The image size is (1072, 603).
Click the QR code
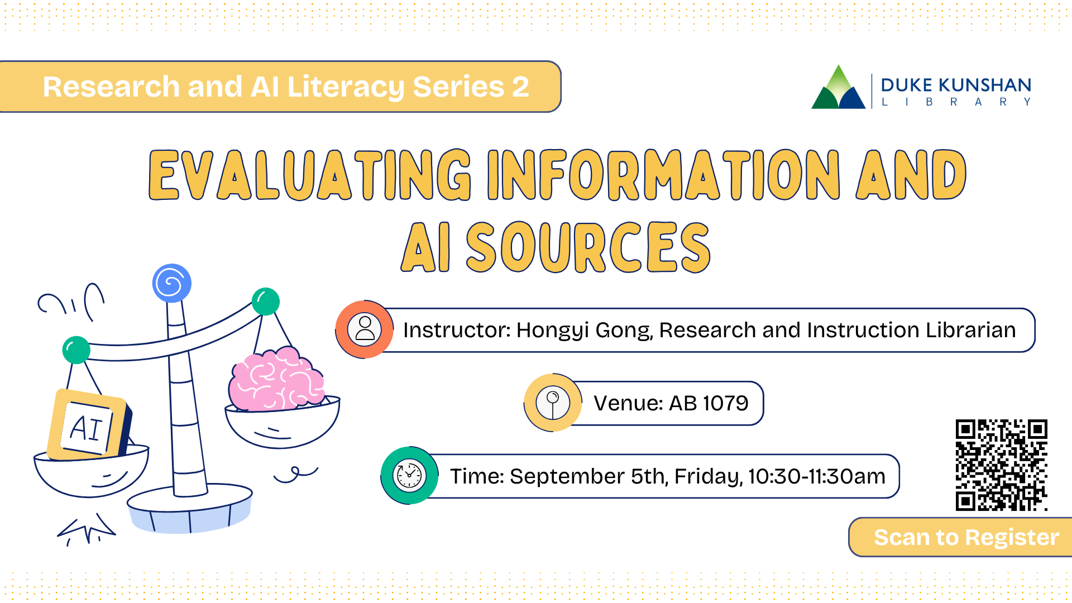[x=1001, y=465]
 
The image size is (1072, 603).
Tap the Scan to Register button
[x=961, y=537]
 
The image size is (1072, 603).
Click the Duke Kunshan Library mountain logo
[x=838, y=87]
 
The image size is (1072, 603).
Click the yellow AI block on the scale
[x=89, y=424]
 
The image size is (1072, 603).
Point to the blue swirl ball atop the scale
[x=172, y=283]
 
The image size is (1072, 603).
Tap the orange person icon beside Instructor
[x=365, y=329]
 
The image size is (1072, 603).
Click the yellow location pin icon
[x=553, y=403]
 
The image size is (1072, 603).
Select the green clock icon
[x=409, y=476]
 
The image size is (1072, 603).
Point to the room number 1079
[x=725, y=403]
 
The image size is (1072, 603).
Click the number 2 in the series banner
[x=520, y=87]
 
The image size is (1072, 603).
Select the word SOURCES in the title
[x=588, y=247]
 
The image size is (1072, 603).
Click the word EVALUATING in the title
[x=310, y=175]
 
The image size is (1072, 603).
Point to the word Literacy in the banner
[x=346, y=88]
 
